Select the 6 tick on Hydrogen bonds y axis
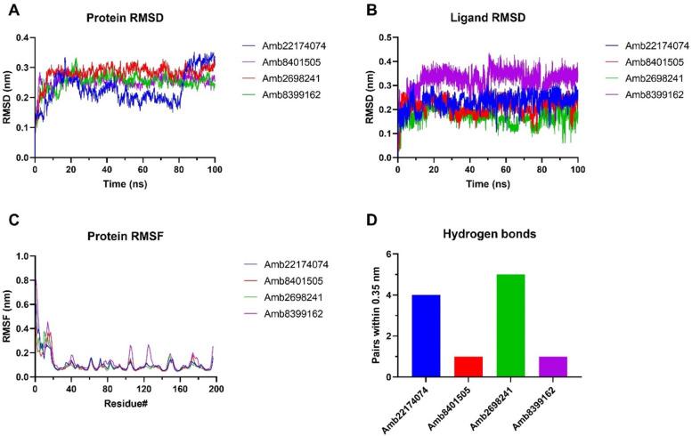tap(390, 254)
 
